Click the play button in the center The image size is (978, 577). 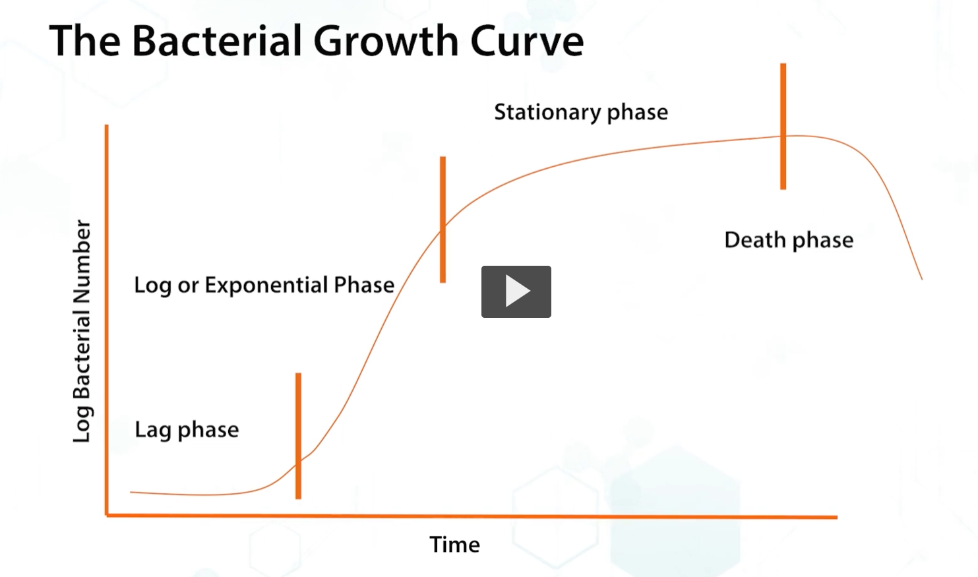[x=516, y=291]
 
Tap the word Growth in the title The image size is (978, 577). [x=386, y=41]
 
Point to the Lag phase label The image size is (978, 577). [x=187, y=430]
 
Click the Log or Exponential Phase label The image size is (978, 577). [x=264, y=285]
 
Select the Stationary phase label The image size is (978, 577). [x=580, y=112]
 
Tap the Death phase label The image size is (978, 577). [x=788, y=240]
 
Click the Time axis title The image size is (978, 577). [x=454, y=545]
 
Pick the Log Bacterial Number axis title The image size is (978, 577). [x=81, y=331]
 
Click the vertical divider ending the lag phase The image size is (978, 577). [x=298, y=435]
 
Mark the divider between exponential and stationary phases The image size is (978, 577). [x=443, y=219]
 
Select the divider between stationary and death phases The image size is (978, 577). [x=783, y=127]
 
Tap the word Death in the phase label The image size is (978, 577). [x=754, y=240]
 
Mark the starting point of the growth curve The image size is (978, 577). [x=132, y=492]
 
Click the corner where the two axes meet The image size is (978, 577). [x=107, y=515]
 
